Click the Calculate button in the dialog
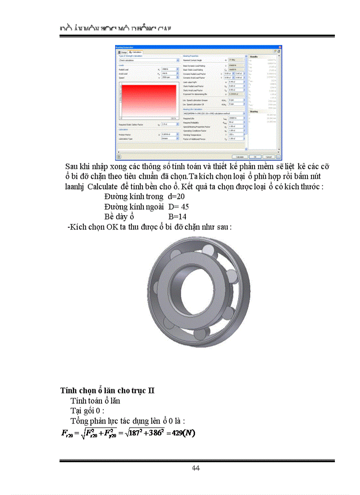click(240, 156)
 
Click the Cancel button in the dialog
click(267, 156)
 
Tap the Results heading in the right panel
click(254, 57)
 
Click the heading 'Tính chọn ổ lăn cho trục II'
click(107, 391)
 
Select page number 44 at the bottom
click(196, 468)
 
